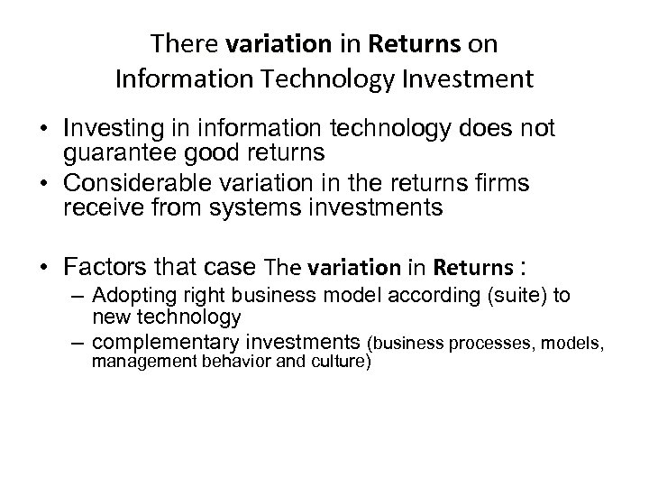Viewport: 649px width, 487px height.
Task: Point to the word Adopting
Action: [x=127, y=297]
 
